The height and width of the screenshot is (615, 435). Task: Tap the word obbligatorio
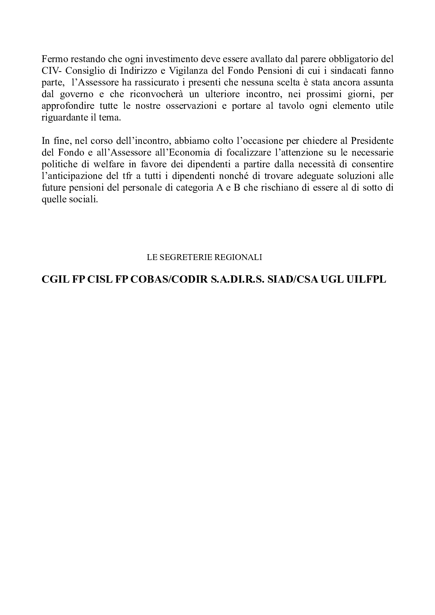click(x=352, y=59)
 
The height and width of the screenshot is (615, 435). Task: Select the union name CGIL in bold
click(x=55, y=280)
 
